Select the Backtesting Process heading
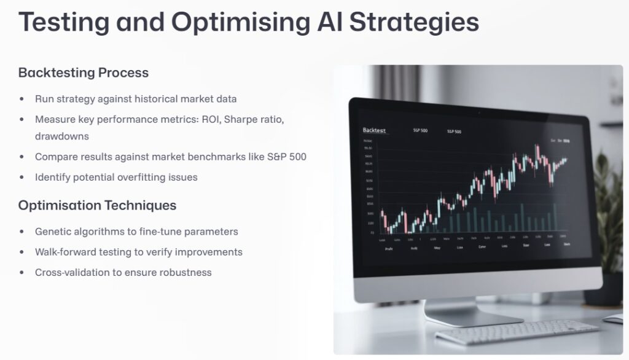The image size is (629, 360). click(84, 72)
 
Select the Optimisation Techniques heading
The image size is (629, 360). click(97, 205)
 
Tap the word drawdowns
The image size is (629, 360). click(61, 136)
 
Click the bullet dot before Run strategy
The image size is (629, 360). click(22, 99)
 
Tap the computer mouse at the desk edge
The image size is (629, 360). click(614, 318)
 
